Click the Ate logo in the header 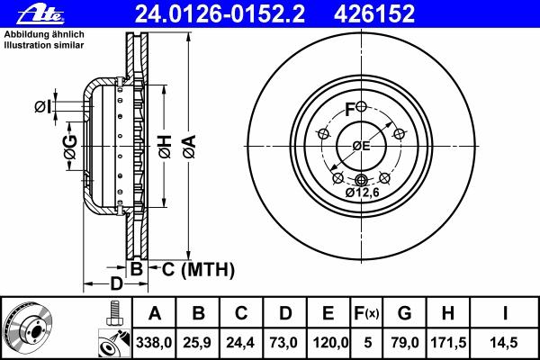point(40,14)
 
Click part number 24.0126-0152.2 point(220,14)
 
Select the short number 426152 point(374,14)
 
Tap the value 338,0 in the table point(154,343)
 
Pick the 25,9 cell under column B point(197,343)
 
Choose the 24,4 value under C point(240,343)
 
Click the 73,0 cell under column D point(283,343)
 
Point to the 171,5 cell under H point(448,343)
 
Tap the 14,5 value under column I point(503,343)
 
